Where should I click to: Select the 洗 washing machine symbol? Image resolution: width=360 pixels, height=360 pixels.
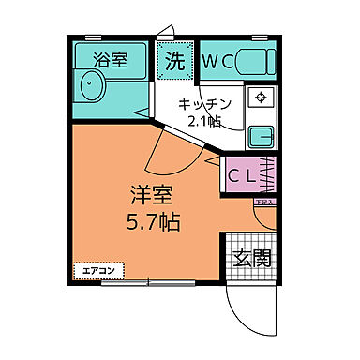175,62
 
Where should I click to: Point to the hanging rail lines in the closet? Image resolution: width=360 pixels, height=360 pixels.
269,174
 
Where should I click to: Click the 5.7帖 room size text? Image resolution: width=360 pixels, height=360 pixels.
150,222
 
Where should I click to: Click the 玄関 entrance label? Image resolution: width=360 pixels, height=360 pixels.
251,256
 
